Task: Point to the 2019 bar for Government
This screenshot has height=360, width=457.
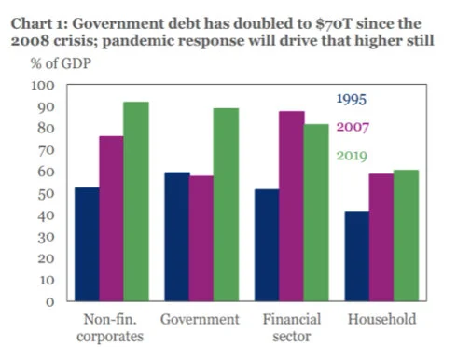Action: tap(225, 204)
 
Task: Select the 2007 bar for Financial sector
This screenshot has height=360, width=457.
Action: tap(291, 206)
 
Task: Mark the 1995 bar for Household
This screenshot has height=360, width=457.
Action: tap(357, 256)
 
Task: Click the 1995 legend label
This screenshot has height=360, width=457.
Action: tap(351, 98)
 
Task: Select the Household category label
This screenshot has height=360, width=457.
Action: tap(381, 320)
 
